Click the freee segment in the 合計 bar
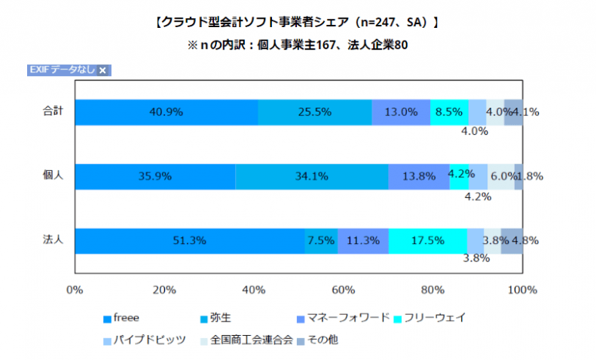tap(166, 112)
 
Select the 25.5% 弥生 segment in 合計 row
tap(315, 112)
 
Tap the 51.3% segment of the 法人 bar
tap(189, 241)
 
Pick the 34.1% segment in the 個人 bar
tap(312, 176)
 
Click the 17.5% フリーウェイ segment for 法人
tap(427, 241)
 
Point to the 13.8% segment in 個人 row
tap(419, 176)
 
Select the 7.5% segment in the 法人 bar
tap(321, 241)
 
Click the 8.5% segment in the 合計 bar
tap(449, 112)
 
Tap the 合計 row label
tap(53, 111)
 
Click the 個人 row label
tap(53, 175)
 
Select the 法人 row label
tap(53, 240)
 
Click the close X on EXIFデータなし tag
tap(102, 70)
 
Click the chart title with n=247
tap(297, 23)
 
